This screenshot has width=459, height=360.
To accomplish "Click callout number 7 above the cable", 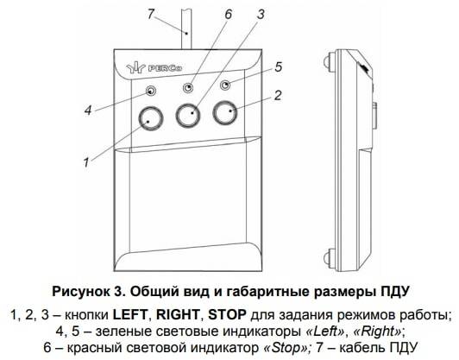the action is click(151, 14).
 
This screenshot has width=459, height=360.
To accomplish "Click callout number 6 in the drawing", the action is click(229, 15).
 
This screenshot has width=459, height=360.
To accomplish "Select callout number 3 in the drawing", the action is click(261, 15).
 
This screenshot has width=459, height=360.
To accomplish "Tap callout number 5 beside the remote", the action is click(279, 67).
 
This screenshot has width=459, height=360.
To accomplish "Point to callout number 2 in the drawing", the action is click(278, 96).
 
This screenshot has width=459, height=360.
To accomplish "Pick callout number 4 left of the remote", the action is click(88, 111).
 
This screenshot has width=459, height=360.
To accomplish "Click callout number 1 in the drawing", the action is click(86, 162).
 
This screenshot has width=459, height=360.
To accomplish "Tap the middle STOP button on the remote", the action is click(188, 115).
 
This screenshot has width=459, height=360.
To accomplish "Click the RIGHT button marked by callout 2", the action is click(225, 112).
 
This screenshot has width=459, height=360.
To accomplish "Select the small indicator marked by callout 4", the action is click(151, 92).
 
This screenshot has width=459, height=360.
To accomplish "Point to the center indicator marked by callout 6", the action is click(188, 87).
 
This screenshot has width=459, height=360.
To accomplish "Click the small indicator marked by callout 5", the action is click(225, 85).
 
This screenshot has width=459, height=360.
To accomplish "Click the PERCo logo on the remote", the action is click(154, 68).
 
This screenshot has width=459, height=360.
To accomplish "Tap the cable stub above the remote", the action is click(186, 29).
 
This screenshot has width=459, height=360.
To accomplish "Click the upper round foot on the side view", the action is click(330, 60).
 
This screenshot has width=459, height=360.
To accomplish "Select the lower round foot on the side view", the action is click(330, 257).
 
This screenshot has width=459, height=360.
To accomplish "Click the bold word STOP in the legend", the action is click(227, 315).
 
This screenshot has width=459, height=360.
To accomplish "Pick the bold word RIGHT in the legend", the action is click(178, 315).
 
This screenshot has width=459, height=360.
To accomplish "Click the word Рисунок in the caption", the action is click(80, 292).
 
